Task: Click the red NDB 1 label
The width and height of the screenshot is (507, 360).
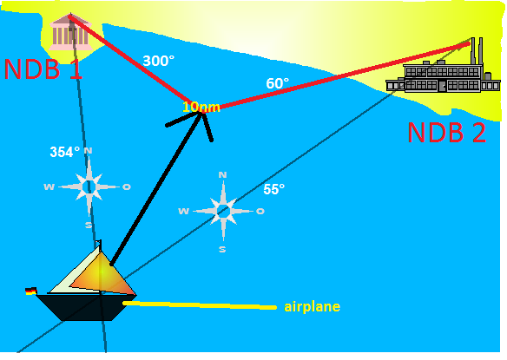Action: pyautogui.click(x=43, y=69)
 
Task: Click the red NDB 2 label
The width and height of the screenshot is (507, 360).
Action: pyautogui.click(x=447, y=133)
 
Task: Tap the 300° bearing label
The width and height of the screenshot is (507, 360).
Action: pyautogui.click(x=158, y=61)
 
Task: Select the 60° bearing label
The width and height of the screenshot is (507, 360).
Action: pyautogui.click(x=278, y=83)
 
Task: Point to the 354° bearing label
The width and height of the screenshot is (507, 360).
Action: pyautogui.click(x=64, y=152)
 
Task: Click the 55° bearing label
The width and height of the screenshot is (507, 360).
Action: pyautogui.click(x=273, y=189)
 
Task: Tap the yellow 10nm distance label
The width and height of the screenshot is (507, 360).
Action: pyautogui.click(x=201, y=108)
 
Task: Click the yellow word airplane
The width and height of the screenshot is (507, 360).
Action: pyautogui.click(x=312, y=307)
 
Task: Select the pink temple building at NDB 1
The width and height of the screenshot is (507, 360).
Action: pyautogui.click(x=69, y=32)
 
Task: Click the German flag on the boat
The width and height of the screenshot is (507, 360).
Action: pyautogui.click(x=31, y=291)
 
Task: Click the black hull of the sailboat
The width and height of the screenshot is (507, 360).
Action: pyautogui.click(x=87, y=307)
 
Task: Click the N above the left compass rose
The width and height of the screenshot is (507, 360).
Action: pyautogui.click(x=89, y=151)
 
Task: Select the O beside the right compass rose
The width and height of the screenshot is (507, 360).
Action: pyautogui.click(x=260, y=212)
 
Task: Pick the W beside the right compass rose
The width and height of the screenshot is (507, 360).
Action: pyautogui.click(x=183, y=212)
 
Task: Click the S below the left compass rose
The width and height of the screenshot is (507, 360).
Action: pyautogui.click(x=89, y=226)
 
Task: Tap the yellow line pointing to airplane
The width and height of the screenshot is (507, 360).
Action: pyautogui.click(x=200, y=305)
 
